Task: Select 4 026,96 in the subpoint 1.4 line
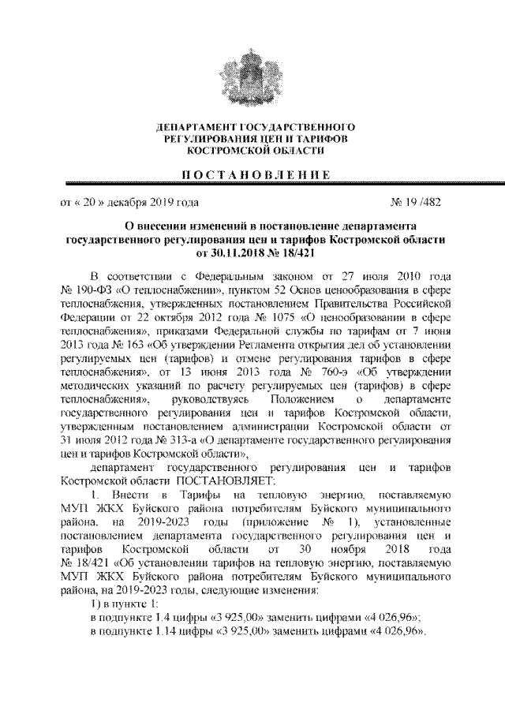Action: (391, 618)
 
